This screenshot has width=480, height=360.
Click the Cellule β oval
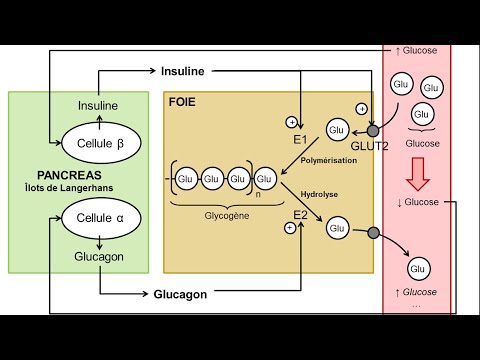pyautogui.click(x=99, y=143)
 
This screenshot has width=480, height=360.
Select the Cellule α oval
pyautogui.click(x=99, y=216)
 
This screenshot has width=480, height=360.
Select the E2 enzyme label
pyautogui.click(x=300, y=214)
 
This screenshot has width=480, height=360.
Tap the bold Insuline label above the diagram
pyautogui.click(x=189, y=71)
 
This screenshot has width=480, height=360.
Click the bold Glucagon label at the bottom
pyautogui.click(x=180, y=294)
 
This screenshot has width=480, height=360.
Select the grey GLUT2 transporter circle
pyautogui.click(x=373, y=131)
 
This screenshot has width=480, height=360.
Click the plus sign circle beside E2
pyautogui.click(x=290, y=228)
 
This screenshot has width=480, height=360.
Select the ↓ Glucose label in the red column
pyautogui.click(x=417, y=203)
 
